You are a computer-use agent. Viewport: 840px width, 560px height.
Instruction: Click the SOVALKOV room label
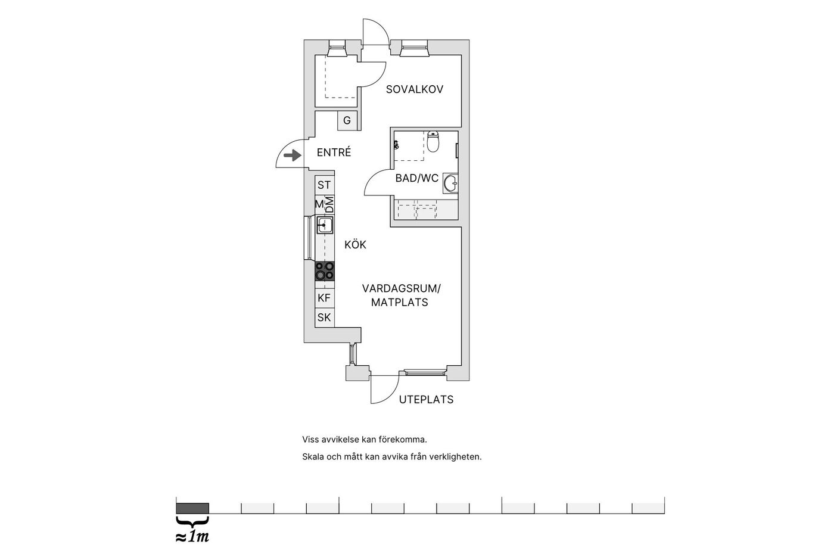pyautogui.click(x=415, y=89)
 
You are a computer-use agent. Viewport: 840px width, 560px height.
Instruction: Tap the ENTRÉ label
pyautogui.click(x=334, y=152)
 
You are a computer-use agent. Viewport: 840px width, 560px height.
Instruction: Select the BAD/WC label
pyautogui.click(x=416, y=178)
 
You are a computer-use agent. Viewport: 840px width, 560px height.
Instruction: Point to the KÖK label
pyautogui.click(x=355, y=245)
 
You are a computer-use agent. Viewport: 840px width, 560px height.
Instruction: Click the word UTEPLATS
pyautogui.click(x=426, y=400)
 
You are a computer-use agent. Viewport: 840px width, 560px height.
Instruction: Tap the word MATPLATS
pyautogui.click(x=399, y=302)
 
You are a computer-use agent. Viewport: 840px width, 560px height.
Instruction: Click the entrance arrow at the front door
pyautogui.click(x=293, y=155)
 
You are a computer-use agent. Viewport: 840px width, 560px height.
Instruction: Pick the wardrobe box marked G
pyautogui.click(x=347, y=121)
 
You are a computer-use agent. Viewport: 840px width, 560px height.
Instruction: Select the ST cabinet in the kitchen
pyautogui.click(x=324, y=185)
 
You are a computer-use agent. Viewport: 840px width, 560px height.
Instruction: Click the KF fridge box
pyautogui.click(x=324, y=298)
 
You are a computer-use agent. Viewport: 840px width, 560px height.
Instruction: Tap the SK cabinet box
pyautogui.click(x=324, y=318)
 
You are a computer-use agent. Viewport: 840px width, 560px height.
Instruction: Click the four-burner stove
pyautogui.click(x=325, y=271)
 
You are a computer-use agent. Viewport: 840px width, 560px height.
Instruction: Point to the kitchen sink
pyautogui.click(x=325, y=225)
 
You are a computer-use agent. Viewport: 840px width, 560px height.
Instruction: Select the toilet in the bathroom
pyautogui.click(x=433, y=142)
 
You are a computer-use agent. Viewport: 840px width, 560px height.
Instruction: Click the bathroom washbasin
pyautogui.click(x=450, y=183)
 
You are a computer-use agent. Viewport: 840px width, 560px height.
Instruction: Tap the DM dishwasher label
pyautogui.click(x=329, y=205)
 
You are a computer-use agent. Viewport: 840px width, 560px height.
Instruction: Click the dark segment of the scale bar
pyautogui.click(x=192, y=508)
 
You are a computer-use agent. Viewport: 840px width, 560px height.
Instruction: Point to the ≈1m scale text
pyautogui.click(x=192, y=537)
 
